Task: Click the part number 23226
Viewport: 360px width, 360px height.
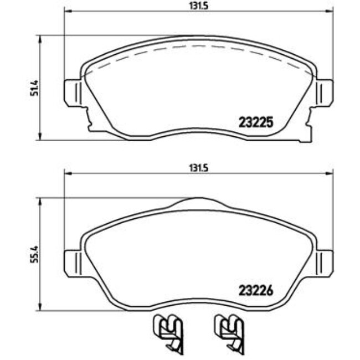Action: point(256,290)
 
